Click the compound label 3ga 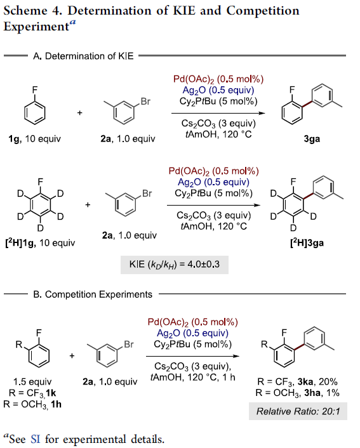[312, 139]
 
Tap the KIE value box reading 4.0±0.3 [175, 265]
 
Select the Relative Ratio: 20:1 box [298, 411]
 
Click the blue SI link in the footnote [36, 439]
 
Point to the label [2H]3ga [307, 243]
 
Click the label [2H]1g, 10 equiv [40, 243]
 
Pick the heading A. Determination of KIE [83, 56]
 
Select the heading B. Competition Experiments [93, 294]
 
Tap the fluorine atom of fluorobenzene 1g [34, 90]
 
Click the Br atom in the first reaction [145, 102]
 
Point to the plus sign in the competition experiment [72, 356]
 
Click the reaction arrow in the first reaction [218, 113]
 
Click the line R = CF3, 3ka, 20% [297, 382]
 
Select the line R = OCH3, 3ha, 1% [297, 393]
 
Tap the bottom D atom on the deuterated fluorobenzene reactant [41, 228]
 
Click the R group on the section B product [264, 345]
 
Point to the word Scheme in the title [25, 11]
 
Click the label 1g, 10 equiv [34, 139]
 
